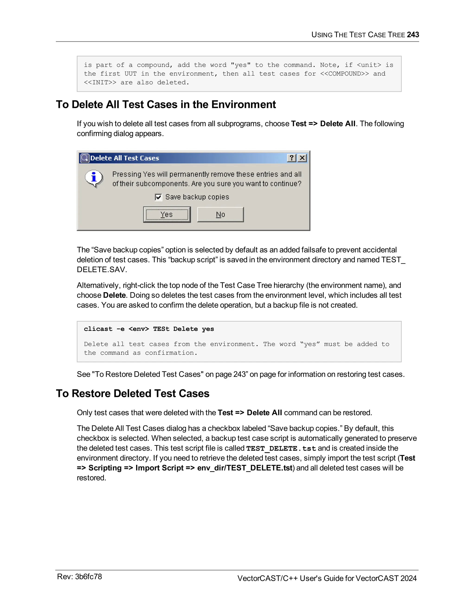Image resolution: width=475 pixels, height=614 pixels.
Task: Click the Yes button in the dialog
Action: tap(167, 215)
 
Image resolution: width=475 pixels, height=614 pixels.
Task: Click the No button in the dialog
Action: tap(220, 215)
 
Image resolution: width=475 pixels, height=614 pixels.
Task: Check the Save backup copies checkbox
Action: tap(159, 197)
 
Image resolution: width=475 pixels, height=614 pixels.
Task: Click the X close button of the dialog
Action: tap(302, 158)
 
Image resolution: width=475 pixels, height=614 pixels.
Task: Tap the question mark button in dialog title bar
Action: tap(292, 158)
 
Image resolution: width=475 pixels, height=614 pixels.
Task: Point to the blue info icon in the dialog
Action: tap(94, 178)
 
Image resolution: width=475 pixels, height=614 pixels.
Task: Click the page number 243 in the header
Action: tap(413, 35)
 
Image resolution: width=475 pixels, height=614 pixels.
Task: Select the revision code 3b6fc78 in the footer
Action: tap(88, 577)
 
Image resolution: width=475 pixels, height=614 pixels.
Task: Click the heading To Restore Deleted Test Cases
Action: tap(132, 393)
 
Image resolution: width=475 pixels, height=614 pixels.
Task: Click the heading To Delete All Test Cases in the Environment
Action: tap(166, 104)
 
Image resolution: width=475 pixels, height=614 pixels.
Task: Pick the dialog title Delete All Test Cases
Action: tap(125, 158)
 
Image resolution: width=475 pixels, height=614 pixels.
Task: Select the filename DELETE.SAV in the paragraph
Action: tap(102, 270)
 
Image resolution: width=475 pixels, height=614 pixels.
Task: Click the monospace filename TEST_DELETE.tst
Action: tap(281, 448)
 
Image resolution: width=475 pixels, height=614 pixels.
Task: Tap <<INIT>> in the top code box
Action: tap(100, 82)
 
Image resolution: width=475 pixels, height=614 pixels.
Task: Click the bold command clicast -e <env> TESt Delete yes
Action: tap(149, 329)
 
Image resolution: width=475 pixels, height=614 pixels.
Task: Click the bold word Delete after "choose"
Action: tap(114, 295)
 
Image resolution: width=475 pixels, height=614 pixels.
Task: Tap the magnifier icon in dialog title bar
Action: tap(84, 158)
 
